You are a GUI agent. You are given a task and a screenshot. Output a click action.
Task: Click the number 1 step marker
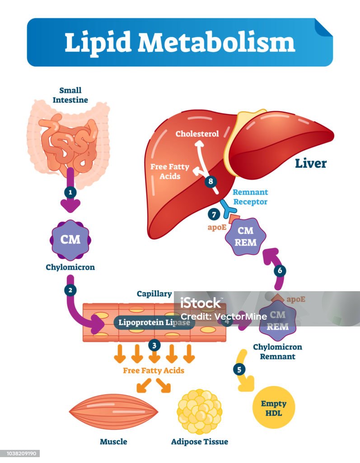[70, 192]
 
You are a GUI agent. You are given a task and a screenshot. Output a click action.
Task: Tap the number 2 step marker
[70, 290]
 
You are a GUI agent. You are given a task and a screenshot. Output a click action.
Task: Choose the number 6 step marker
[280, 270]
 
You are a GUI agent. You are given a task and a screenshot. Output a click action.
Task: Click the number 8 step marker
[210, 181]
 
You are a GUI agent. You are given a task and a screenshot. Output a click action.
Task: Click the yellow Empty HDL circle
[273, 407]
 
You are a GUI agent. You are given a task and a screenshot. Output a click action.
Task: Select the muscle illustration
[113, 412]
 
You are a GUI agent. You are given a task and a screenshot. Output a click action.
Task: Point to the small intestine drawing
[70, 141]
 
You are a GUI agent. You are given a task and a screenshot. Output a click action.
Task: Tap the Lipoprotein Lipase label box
[154, 322]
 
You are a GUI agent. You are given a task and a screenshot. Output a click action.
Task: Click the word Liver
[311, 163]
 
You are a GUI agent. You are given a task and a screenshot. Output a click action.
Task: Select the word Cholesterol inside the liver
[197, 134]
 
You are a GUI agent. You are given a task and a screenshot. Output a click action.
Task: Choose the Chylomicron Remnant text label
[277, 352]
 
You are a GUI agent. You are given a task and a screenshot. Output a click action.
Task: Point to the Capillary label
[154, 294]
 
